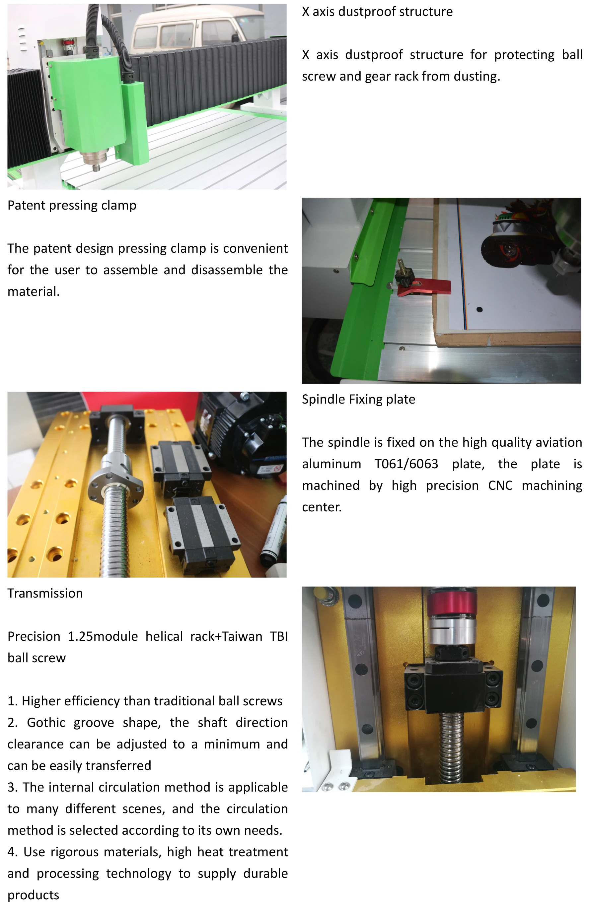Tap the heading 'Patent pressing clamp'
coord(72,205)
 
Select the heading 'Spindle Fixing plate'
coord(358,399)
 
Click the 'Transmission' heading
coord(45,593)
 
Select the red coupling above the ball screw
coord(452,604)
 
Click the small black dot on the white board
coord(479,309)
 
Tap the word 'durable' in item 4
coord(265,873)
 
